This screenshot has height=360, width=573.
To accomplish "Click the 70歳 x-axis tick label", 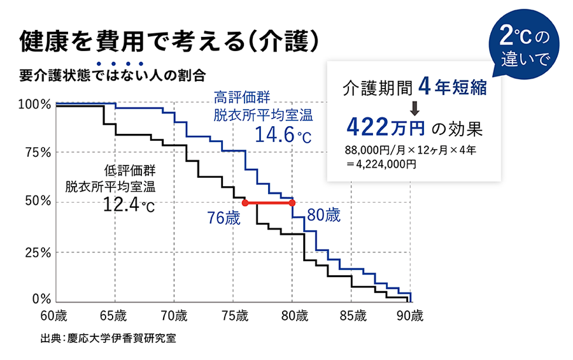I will click(x=174, y=315).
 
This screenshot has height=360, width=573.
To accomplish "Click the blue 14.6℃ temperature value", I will click(x=283, y=134).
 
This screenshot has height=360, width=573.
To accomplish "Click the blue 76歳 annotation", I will click(x=223, y=218).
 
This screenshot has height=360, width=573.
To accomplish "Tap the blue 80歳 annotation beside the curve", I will click(x=323, y=215).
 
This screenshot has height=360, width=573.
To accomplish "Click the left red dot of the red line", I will click(x=245, y=203).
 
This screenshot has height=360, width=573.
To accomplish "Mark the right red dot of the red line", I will click(x=293, y=203).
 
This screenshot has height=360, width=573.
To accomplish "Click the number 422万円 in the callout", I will click(x=385, y=127).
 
